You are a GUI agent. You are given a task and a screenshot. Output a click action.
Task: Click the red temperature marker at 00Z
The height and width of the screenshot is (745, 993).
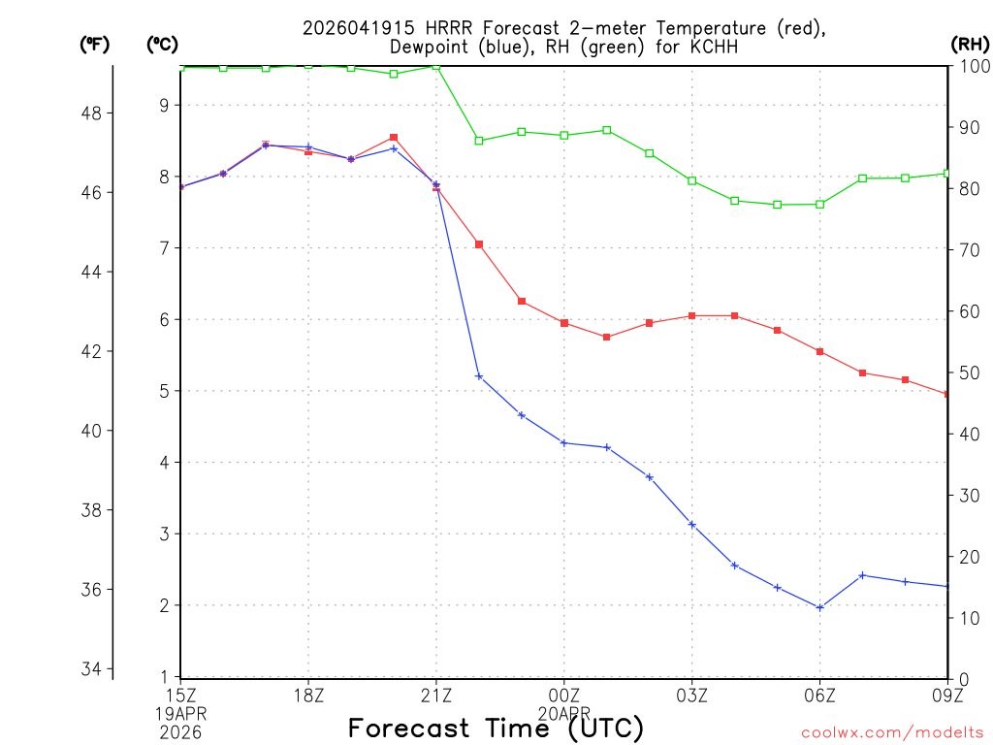564,323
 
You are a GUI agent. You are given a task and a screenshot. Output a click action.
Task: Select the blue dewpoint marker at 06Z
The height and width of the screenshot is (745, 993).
820,608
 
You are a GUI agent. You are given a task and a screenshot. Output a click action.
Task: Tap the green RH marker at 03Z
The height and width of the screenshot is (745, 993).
692,180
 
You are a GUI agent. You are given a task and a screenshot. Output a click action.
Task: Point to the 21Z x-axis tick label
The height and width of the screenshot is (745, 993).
436,695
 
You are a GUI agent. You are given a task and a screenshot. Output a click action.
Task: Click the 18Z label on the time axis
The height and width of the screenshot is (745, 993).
308,695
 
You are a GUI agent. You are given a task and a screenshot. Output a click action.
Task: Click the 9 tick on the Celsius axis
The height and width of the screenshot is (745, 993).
165,105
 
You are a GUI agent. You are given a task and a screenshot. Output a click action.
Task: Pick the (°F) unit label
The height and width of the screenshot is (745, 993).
95,45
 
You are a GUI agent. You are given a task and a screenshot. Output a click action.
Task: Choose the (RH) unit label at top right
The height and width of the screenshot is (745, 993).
969,45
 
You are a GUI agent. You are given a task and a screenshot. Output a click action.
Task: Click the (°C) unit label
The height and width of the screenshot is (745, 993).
163,45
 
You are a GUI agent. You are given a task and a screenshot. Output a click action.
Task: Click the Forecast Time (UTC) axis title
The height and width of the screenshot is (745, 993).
496,728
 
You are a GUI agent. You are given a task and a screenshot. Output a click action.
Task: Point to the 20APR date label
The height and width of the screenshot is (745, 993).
564,711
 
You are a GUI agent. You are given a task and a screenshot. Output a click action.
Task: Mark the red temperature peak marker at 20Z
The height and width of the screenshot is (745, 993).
394,138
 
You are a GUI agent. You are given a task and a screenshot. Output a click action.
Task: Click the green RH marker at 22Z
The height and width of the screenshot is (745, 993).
479,141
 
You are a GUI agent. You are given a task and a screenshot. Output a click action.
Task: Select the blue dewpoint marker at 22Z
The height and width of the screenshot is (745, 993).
479,376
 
